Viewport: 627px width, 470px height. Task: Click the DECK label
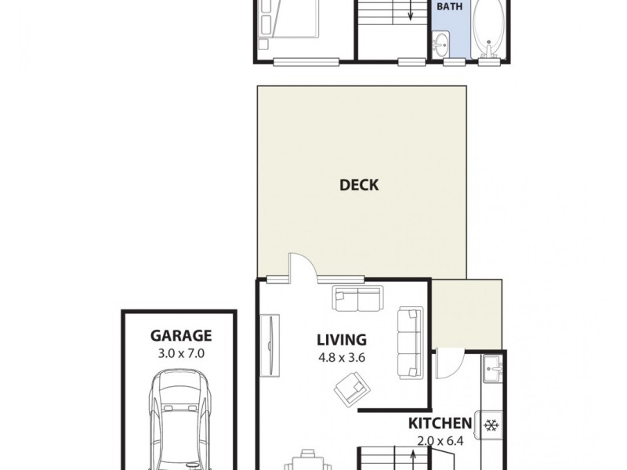tap(359, 185)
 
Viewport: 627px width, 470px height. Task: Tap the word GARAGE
tap(181, 337)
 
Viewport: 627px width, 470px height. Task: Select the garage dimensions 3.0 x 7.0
tap(181, 353)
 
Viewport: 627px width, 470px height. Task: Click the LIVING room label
tap(341, 340)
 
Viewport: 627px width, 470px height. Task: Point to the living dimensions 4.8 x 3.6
tap(341, 357)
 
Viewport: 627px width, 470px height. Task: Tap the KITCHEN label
tap(440, 424)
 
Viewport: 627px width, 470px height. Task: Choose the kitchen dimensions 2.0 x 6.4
tap(440, 440)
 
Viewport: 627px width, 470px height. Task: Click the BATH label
tap(449, 6)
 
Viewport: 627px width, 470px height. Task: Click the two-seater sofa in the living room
tap(357, 298)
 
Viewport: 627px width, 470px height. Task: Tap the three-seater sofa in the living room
tap(409, 342)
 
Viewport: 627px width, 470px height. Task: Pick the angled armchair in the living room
tap(350, 388)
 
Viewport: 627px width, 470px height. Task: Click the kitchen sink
tap(492, 368)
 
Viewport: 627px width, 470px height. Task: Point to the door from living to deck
tap(302, 268)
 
